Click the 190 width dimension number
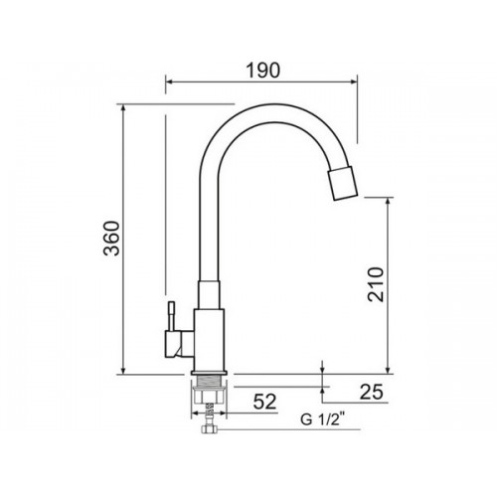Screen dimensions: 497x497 [263, 71]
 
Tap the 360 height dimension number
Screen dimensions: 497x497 [111, 239]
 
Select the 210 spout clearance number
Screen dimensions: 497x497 [376, 284]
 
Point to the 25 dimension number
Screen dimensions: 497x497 [372, 392]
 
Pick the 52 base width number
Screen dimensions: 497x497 [264, 402]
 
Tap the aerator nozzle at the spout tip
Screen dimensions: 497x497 [344, 184]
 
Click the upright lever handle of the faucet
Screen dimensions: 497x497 [172, 316]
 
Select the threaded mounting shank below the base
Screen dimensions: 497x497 [210, 381]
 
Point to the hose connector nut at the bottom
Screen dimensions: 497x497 [209, 429]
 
